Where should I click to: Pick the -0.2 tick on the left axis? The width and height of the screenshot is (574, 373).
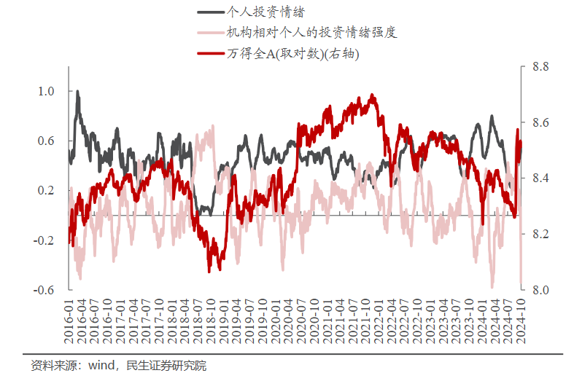point(44,240)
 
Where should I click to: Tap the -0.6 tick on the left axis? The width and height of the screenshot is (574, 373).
point(44,289)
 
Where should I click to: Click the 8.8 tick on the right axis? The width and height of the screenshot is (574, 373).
point(540,67)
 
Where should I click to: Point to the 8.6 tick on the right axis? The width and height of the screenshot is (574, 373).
point(540,122)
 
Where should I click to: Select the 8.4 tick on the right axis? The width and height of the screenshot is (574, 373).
point(540,178)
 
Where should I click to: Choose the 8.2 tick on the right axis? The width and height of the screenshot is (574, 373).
point(540,234)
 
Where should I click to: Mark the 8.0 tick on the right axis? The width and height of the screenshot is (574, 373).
point(540,289)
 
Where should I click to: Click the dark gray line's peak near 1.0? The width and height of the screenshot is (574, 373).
point(77,92)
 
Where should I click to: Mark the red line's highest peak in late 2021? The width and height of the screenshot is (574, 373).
point(373,95)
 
